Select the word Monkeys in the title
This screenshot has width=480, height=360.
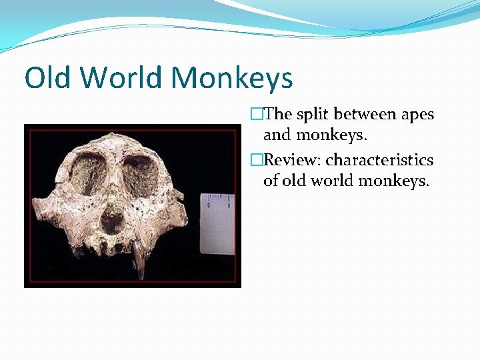tap(232, 79)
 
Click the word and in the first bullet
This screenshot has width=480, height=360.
tap(277, 135)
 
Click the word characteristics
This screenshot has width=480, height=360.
tap(379, 161)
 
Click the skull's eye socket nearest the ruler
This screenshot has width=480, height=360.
tap(140, 175)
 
